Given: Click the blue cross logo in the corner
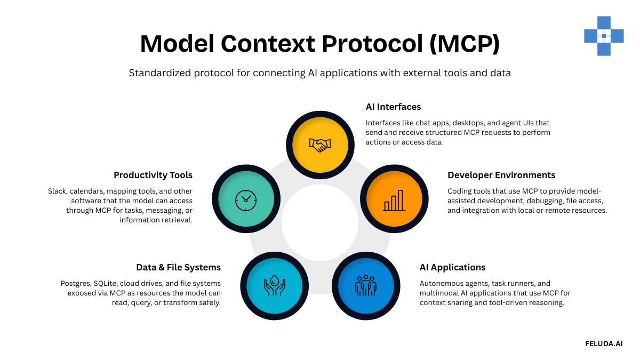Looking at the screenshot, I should click(604, 36).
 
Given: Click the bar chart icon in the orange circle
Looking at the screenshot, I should click(394, 199).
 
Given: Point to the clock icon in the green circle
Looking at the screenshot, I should click(245, 199).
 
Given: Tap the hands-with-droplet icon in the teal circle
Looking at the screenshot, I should click(274, 286).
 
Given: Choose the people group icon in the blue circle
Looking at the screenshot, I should click(366, 286).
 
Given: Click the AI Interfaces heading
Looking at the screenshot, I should click(393, 107).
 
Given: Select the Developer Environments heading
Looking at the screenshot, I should click(501, 175).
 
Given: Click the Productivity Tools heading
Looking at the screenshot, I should click(153, 175).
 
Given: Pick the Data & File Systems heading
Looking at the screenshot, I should click(178, 267).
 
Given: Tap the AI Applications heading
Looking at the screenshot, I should click(452, 267).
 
